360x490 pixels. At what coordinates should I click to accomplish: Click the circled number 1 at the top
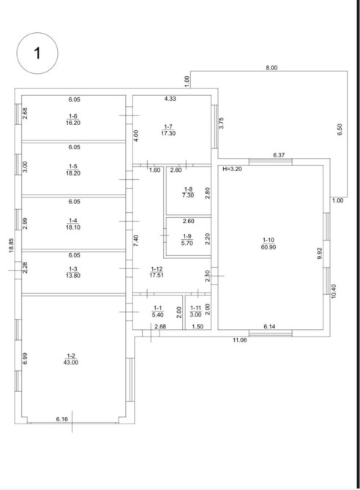coord(37,53)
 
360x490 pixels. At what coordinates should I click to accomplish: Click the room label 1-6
coord(73,116)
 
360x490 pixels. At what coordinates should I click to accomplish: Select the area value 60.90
coord(269,247)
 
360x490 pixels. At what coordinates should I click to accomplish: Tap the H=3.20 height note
coord(232,169)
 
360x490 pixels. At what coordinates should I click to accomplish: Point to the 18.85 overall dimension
coord(11,246)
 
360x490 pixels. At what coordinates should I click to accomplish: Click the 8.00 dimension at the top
coord(271,67)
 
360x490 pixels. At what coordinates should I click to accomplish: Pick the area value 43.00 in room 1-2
coord(71,363)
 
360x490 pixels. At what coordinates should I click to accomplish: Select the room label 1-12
coord(157,268)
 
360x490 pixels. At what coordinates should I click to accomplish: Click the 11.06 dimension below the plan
coord(239,340)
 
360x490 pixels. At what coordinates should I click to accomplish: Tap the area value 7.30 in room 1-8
coord(188,195)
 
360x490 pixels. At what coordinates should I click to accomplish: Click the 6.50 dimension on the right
coord(340,129)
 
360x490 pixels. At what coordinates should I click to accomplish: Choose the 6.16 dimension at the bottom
coord(62,419)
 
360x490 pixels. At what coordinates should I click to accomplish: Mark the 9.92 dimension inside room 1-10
coord(319,253)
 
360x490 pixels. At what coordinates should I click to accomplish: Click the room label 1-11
coord(196,308)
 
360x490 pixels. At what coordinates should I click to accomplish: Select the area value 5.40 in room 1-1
coord(158,314)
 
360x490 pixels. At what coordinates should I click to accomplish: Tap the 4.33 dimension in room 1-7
coord(170,99)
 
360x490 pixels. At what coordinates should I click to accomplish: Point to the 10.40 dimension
coord(334,291)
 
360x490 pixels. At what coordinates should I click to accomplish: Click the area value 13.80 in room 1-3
coord(73,275)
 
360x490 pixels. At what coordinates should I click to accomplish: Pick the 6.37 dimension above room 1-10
coord(279,155)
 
